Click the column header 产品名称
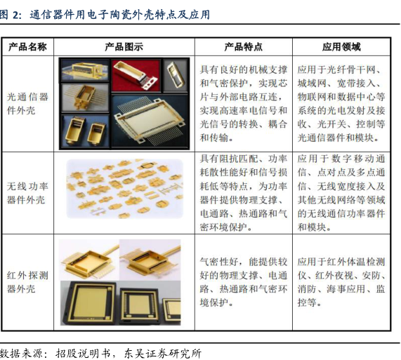27,47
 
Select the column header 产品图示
124,47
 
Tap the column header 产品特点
243,47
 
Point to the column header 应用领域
341,47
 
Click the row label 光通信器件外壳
27,103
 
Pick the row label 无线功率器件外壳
27,193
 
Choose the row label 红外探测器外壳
27,282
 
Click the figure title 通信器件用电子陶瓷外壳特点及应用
119,15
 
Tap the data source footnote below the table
100,354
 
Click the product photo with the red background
136,75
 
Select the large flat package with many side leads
150,121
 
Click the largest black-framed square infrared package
88,303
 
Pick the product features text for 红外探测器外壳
243,282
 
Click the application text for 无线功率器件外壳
341,193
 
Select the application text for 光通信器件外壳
341,103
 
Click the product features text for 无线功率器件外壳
243,193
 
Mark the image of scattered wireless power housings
125,189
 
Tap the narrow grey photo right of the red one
176,75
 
